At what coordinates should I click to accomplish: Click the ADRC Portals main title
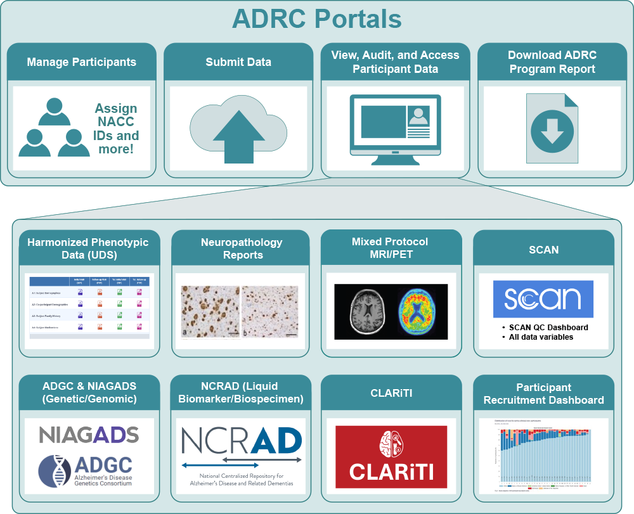[316, 19]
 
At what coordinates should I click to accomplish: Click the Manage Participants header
[81, 62]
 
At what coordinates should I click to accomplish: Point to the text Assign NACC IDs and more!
[116, 129]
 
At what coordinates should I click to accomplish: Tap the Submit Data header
[238, 62]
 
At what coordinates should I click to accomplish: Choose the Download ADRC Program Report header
[552, 62]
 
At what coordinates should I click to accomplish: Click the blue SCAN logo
[543, 299]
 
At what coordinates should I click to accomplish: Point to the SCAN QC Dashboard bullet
[548, 328]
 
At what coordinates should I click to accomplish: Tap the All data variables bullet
[541, 337]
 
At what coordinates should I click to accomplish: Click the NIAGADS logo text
[89, 435]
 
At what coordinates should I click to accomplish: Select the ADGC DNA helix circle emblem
[53, 471]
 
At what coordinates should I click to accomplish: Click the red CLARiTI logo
[391, 456]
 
